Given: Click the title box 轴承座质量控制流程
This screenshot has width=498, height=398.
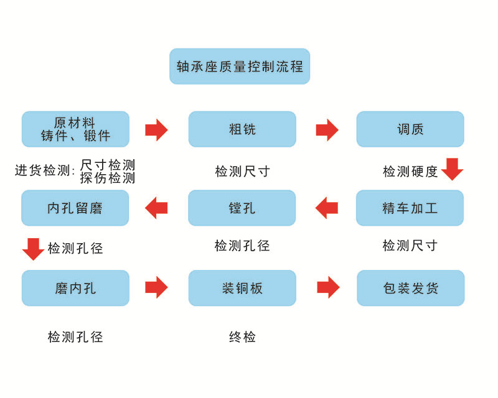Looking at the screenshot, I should click(x=240, y=67).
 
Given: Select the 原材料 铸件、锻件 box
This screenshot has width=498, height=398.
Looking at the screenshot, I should click(x=75, y=129).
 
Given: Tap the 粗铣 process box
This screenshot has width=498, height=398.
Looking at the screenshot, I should click(x=242, y=129).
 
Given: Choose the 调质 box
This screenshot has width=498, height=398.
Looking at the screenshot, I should click(x=410, y=129).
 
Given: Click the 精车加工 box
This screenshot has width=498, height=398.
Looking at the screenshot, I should click(x=410, y=208).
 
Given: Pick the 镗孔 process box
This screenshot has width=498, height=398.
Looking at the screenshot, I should click(x=242, y=208).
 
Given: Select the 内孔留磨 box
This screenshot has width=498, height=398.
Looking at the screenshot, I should click(x=75, y=208).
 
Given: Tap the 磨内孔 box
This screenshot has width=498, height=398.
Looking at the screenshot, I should click(x=75, y=288).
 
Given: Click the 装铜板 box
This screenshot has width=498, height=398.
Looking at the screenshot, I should click(x=242, y=288).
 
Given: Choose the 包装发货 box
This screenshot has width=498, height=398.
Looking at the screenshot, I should click(x=410, y=288).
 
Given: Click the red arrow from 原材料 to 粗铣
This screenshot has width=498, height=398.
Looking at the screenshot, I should click(x=156, y=129).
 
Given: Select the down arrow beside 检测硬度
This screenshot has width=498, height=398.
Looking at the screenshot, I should click(x=452, y=169).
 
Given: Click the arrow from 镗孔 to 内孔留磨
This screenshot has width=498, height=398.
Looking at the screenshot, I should click(x=156, y=208).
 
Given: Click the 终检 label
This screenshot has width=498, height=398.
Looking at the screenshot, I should click(x=242, y=337).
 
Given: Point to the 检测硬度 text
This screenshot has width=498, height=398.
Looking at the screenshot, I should click(x=410, y=172).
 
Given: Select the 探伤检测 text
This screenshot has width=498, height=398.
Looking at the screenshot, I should click(x=108, y=178).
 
